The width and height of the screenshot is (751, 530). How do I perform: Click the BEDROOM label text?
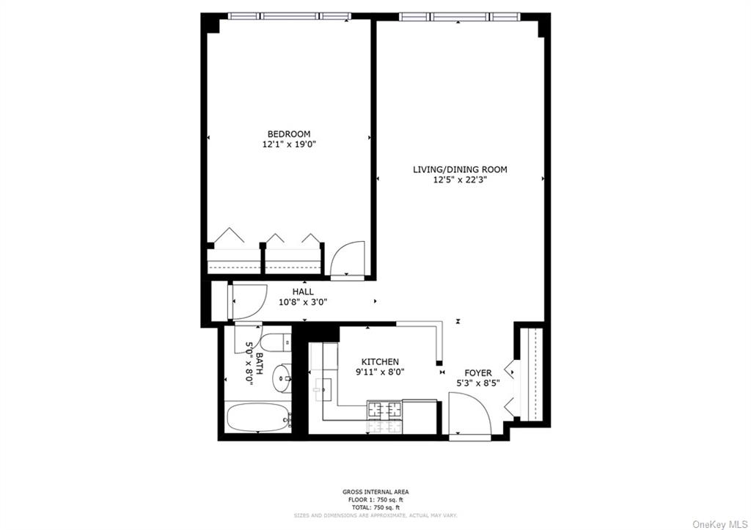tap(288, 133)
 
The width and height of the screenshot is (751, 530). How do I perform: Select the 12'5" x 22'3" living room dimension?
tap(459, 181)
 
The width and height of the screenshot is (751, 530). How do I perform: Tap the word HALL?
tap(303, 292)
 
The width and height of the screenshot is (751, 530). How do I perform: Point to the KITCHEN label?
tap(380, 361)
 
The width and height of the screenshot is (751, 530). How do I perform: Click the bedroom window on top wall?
tap(289, 15)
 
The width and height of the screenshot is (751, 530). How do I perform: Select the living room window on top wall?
tap(459, 15)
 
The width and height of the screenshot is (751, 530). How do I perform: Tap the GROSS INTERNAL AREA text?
tap(375, 492)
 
